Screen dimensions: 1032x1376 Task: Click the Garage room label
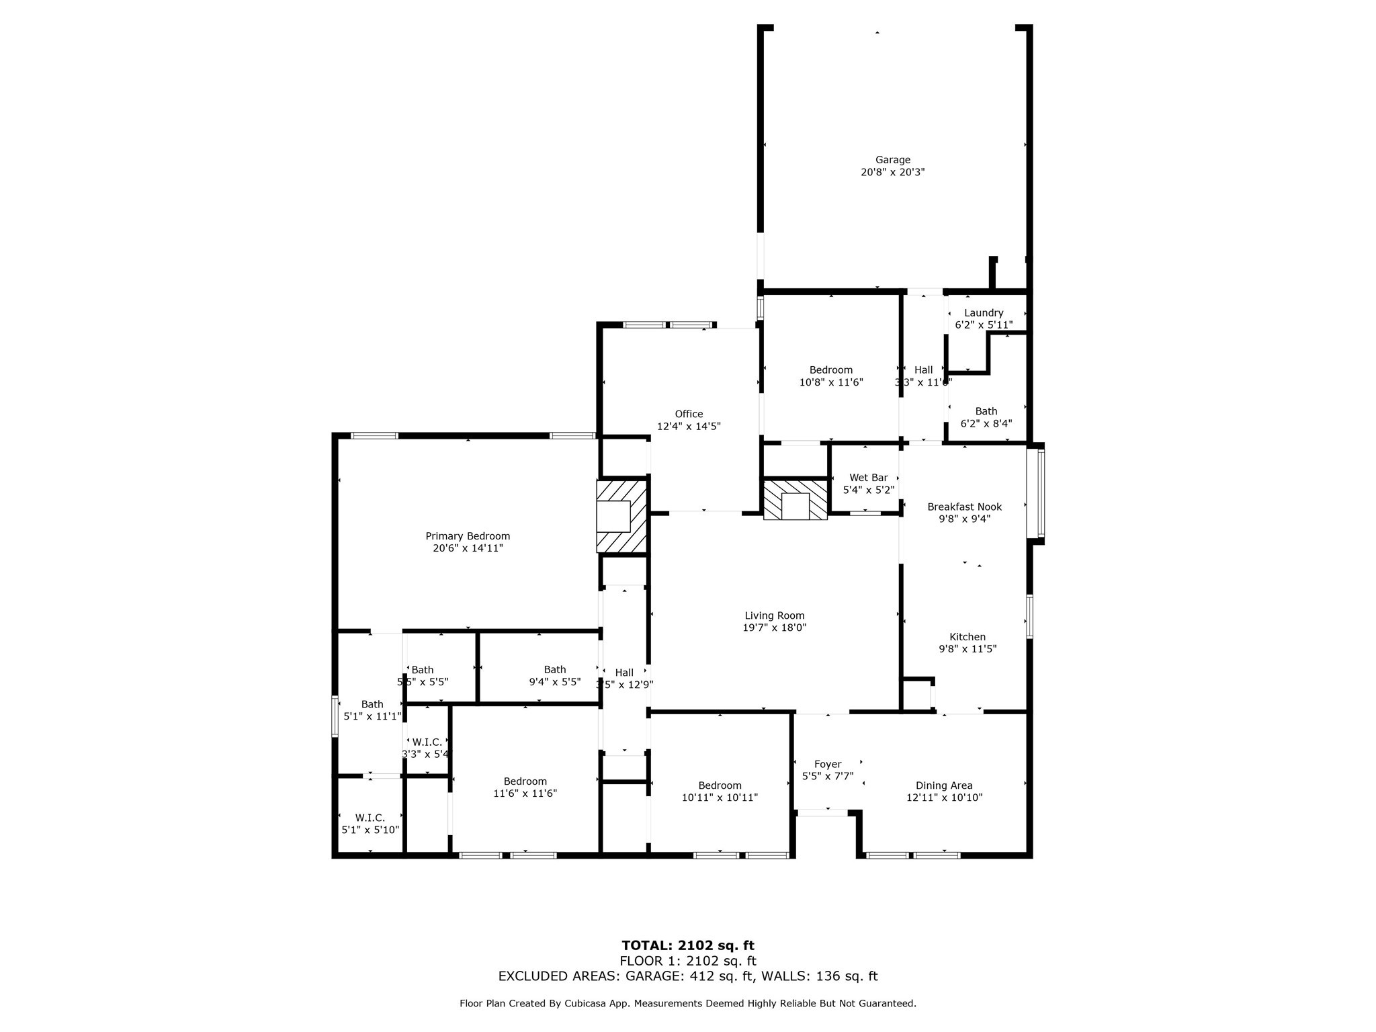click(892, 160)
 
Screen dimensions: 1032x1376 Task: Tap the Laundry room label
click(984, 313)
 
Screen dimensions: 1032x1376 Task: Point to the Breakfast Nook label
click(964, 507)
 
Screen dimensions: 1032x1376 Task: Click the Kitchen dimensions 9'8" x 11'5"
click(967, 649)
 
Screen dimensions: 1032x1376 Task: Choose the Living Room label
click(774, 615)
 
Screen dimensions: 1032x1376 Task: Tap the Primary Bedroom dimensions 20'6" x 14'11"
click(468, 548)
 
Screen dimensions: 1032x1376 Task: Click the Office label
click(689, 414)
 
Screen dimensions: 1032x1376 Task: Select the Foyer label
click(827, 764)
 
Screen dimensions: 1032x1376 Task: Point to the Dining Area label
click(944, 785)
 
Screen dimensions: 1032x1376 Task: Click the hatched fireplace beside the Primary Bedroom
click(621, 516)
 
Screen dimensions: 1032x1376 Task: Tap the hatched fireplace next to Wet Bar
click(795, 499)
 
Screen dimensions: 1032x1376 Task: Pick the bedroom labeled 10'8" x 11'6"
click(830, 376)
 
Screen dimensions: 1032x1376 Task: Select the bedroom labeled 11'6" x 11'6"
click(525, 787)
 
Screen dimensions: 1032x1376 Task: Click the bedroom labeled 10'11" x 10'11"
click(720, 791)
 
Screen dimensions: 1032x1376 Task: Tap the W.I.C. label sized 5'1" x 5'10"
click(370, 818)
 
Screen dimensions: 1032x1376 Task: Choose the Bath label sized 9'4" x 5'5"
click(554, 670)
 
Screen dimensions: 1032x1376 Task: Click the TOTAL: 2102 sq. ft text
click(687, 946)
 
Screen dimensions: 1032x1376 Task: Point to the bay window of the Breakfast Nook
click(1038, 494)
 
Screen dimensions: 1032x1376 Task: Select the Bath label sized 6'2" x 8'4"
click(986, 411)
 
